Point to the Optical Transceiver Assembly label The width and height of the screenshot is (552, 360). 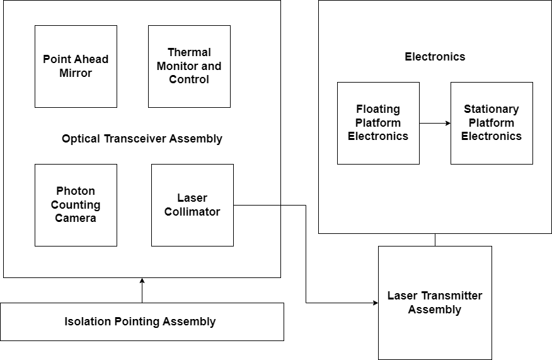pyautogui.click(x=142, y=139)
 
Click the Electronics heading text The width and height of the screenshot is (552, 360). pyautogui.click(x=435, y=57)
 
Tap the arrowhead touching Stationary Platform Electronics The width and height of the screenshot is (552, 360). pyautogui.click(x=447, y=123)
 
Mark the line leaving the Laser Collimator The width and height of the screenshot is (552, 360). pyautogui.click(x=257, y=205)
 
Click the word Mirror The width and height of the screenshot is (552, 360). pyautogui.click(x=76, y=73)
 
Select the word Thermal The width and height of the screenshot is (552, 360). pyautogui.click(x=189, y=52)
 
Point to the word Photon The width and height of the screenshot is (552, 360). pyautogui.click(x=76, y=191)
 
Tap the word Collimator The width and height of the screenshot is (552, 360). pyautogui.click(x=192, y=212)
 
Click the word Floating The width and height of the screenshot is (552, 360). pyautogui.click(x=378, y=109)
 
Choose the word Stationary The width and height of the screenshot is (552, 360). pyautogui.click(x=492, y=109)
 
